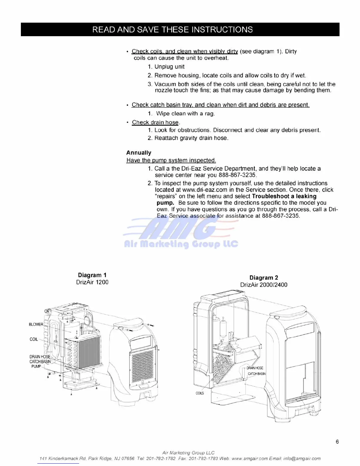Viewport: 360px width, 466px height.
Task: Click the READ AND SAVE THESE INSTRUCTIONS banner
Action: tap(173, 29)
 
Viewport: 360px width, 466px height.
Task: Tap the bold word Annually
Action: tap(139, 153)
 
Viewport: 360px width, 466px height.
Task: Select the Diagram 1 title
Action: tap(92, 275)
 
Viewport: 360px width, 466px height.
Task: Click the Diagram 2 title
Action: tap(264, 278)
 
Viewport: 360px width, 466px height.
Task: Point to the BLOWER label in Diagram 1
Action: tap(36, 324)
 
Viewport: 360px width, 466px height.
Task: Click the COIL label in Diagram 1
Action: tap(34, 339)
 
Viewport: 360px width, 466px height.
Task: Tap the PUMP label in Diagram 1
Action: tap(36, 366)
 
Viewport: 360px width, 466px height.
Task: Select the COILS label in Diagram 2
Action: tap(200, 393)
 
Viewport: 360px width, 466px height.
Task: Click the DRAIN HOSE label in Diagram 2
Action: tap(255, 368)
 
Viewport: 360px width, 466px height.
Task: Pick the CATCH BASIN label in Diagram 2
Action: tap(256, 374)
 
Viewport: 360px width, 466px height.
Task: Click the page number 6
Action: tap(337, 442)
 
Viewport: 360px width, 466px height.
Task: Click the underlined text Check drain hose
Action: tap(155, 122)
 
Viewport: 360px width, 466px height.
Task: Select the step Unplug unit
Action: tap(169, 67)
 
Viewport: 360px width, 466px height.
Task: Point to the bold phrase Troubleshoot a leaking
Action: tap(284, 196)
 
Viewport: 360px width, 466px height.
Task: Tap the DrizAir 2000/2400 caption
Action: tap(264, 285)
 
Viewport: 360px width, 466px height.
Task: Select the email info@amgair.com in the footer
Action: tap(302, 458)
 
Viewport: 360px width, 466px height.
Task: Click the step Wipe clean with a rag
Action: tap(185, 114)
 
